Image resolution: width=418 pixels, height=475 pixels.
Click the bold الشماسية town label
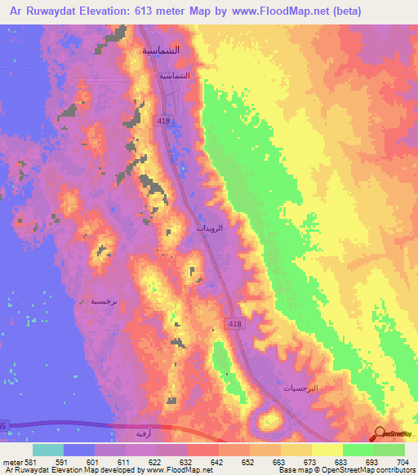(162, 50)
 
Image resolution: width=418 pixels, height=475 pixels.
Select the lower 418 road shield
(233, 325)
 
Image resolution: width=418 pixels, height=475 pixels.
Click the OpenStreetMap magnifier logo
(379, 433)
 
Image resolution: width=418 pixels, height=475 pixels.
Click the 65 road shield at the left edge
(2, 425)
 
